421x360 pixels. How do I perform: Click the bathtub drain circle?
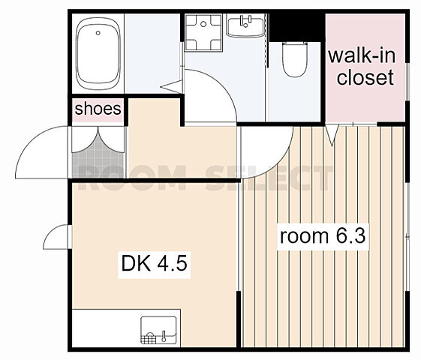[x=98, y=33]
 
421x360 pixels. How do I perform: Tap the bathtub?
[x=98, y=54]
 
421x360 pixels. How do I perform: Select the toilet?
[x=295, y=59]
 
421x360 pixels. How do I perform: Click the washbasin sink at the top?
[x=245, y=25]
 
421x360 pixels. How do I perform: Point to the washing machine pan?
[x=203, y=32]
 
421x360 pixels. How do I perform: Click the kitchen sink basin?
[x=158, y=330]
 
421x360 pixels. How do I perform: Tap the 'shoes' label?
[x=98, y=109]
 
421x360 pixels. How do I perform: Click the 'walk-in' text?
[x=362, y=55]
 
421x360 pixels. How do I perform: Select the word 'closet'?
[x=365, y=77]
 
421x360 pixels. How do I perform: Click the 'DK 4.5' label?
[x=154, y=263]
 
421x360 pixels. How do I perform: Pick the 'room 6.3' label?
[x=323, y=236]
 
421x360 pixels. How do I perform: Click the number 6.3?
[x=350, y=235]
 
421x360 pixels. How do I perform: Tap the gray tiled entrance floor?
[x=98, y=163]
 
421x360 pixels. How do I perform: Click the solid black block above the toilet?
[x=296, y=27]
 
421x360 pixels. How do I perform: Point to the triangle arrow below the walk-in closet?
[x=332, y=135]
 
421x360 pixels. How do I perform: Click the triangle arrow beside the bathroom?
[x=172, y=86]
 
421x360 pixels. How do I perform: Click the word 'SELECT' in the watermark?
[x=269, y=178]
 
